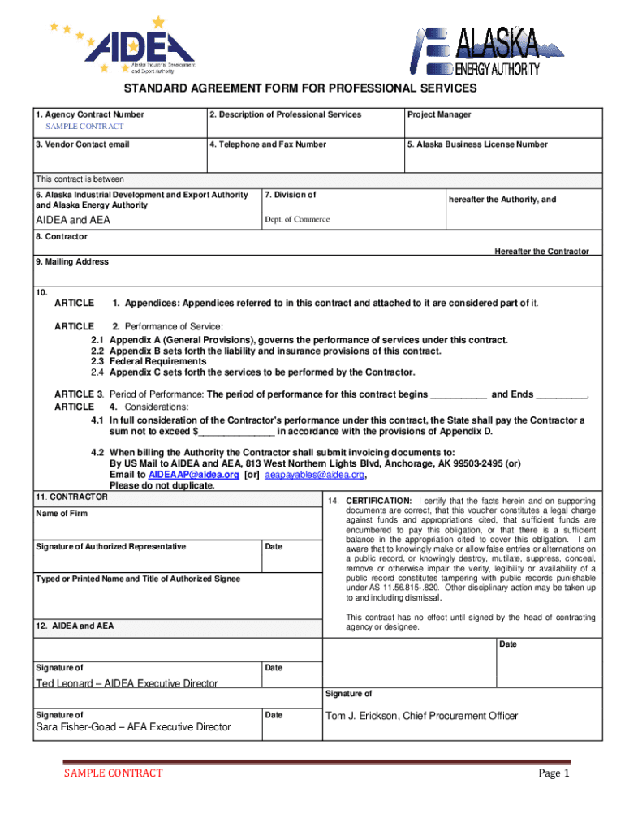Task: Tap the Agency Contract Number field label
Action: (x=89, y=115)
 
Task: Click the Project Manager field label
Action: (x=439, y=115)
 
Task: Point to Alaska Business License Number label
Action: (x=477, y=144)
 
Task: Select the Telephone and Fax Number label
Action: (x=267, y=144)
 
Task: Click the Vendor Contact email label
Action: (x=82, y=144)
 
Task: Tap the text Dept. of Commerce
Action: (x=297, y=219)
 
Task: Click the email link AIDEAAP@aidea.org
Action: (x=193, y=475)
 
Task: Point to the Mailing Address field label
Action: (x=71, y=261)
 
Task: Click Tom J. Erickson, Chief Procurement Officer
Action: (x=421, y=716)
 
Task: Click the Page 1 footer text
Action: (x=554, y=773)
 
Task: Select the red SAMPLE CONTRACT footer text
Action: (x=114, y=773)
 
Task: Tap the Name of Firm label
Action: (x=61, y=514)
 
